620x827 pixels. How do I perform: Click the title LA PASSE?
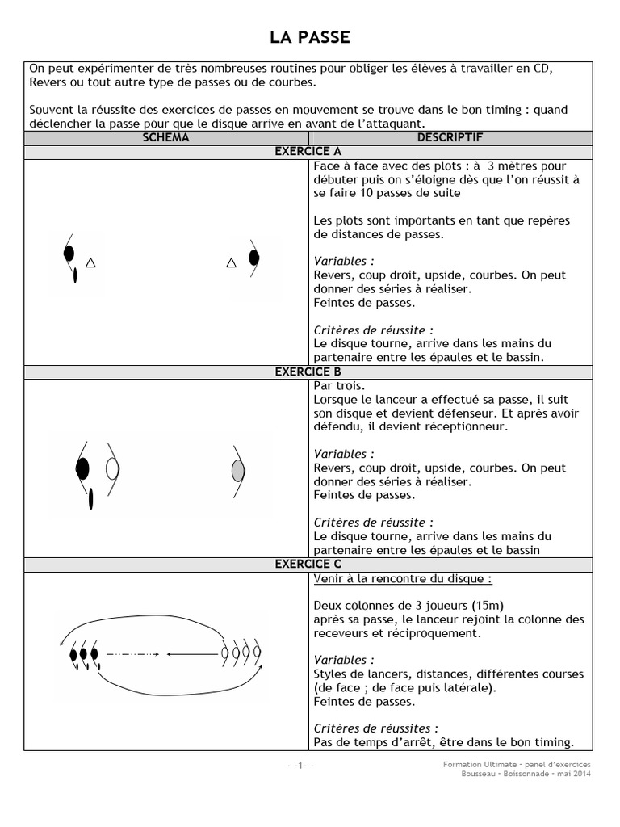(309, 37)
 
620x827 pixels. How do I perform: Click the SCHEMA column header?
(165, 138)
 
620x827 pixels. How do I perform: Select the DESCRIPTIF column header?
(450, 138)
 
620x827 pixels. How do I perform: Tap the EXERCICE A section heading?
(308, 152)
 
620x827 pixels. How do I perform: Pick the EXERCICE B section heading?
(308, 372)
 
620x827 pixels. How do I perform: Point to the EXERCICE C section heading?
(308, 565)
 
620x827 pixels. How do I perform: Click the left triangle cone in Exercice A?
(90, 262)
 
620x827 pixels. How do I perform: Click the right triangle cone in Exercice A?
(231, 262)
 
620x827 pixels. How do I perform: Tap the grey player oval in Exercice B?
(237, 469)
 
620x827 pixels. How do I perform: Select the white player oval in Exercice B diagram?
(112, 468)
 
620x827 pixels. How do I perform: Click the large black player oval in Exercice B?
(82, 468)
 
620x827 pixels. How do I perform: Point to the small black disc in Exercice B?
(90, 499)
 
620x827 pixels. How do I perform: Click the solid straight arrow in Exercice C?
(194, 653)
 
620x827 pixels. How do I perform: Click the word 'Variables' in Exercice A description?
(342, 262)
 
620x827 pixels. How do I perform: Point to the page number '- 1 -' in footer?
(300, 765)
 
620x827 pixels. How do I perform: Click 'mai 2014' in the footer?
(574, 774)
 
